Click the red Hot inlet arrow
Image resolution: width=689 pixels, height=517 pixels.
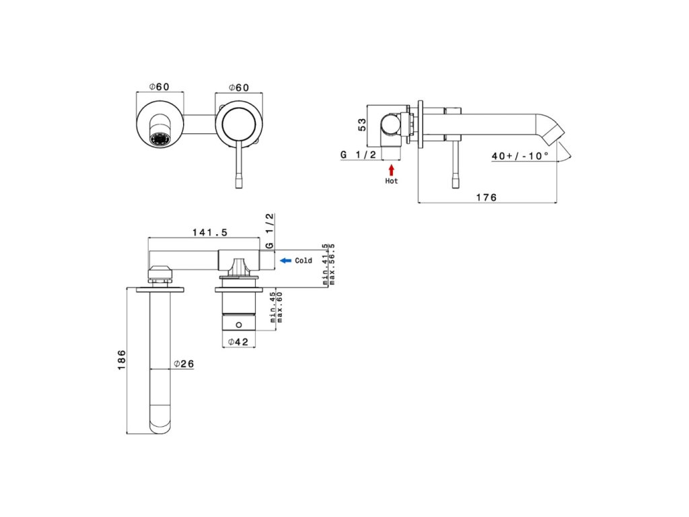click(x=391, y=170)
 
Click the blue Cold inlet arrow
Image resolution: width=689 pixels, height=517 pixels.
click(x=285, y=261)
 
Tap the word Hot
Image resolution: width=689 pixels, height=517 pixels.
click(x=391, y=180)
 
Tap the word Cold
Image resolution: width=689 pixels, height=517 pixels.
click(x=303, y=261)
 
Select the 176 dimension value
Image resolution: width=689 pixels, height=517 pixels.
click(x=486, y=197)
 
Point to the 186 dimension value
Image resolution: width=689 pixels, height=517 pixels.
click(x=122, y=359)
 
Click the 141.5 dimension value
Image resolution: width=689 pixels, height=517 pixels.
click(x=210, y=232)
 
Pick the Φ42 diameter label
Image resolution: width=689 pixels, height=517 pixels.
click(x=238, y=341)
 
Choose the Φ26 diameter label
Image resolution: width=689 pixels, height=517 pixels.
click(x=184, y=364)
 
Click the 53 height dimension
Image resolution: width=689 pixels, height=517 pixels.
click(x=362, y=125)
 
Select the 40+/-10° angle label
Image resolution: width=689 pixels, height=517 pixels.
click(x=520, y=156)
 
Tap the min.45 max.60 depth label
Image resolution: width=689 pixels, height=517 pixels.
click(x=276, y=307)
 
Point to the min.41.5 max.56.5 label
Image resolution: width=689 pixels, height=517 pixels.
click(x=328, y=264)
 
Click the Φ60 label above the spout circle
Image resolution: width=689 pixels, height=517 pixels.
click(x=159, y=87)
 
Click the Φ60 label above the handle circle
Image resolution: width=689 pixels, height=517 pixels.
click(x=239, y=88)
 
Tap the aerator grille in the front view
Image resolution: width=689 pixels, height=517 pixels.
click(x=160, y=139)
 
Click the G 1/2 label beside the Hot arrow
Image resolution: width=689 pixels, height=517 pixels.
click(x=358, y=155)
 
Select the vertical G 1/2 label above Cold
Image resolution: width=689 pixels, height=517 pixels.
click(x=269, y=232)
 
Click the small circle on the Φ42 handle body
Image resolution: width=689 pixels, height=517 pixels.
click(x=239, y=325)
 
